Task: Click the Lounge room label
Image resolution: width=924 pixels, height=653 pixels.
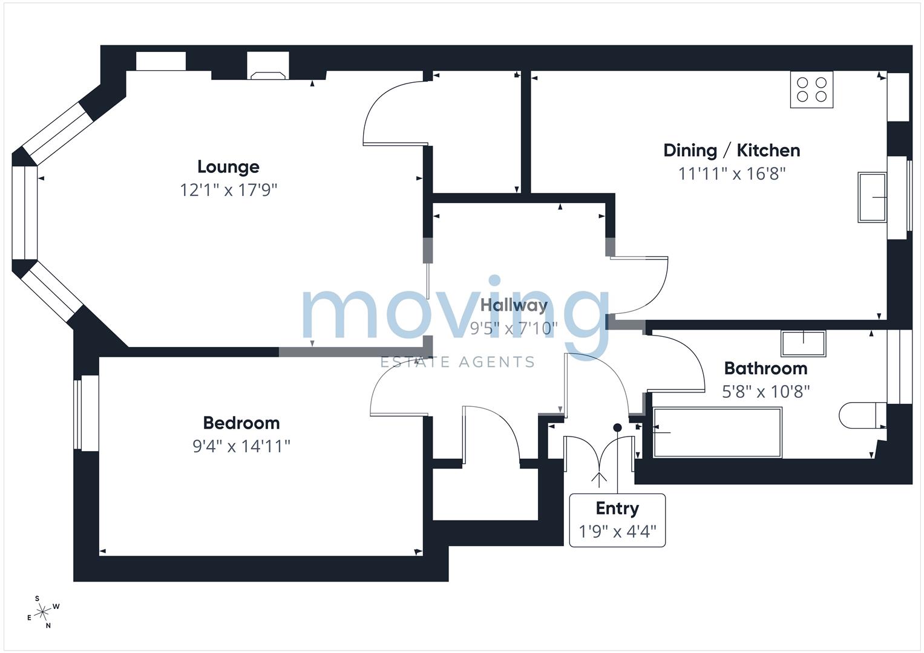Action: [x=228, y=167]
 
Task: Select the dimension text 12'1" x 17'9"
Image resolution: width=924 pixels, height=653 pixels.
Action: [x=228, y=190]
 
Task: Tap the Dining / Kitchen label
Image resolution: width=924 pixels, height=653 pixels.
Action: [x=732, y=151]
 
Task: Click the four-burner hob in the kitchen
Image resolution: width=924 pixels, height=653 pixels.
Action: [x=811, y=89]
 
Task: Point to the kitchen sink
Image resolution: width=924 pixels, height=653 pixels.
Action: [x=872, y=197]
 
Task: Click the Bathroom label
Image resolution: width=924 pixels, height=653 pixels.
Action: [x=765, y=368]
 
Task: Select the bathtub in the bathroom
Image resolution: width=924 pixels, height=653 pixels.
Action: [x=718, y=432]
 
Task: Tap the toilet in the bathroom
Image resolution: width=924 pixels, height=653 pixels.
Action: [x=862, y=415]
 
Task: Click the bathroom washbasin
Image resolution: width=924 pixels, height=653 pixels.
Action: [x=803, y=343]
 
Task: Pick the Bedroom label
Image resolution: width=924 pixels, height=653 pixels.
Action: [x=241, y=423]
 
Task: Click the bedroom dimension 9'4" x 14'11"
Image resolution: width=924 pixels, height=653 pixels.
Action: [x=241, y=446]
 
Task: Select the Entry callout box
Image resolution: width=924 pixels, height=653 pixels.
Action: [x=617, y=520]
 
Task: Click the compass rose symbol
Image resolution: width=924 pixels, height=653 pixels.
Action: [x=43, y=612]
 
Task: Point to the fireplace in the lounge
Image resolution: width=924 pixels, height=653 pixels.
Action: [x=268, y=67]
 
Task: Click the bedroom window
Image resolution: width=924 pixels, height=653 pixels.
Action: [x=86, y=413]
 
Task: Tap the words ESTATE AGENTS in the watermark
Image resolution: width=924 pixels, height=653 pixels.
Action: [x=457, y=362]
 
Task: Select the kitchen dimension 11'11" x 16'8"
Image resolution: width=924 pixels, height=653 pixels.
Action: [x=732, y=174]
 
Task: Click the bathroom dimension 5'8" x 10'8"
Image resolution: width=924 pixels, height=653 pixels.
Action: [x=765, y=392]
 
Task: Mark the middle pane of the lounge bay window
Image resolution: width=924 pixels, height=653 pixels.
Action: [x=25, y=212]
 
